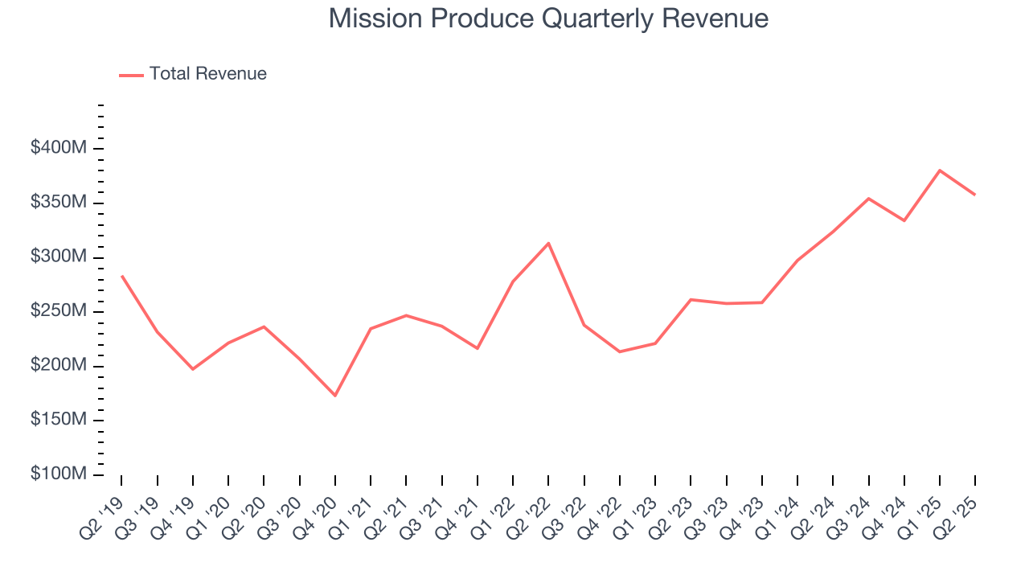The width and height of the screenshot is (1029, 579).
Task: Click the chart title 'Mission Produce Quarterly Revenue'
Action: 548,18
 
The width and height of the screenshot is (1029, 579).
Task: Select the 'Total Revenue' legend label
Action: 207,74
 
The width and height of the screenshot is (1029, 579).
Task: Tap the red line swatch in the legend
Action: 131,75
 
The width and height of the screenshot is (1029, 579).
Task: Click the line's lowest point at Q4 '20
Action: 335,396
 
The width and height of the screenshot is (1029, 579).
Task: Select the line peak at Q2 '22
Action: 548,243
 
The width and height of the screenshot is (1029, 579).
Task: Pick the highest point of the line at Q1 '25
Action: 940,170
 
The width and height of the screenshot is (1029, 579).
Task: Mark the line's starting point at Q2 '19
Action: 121,276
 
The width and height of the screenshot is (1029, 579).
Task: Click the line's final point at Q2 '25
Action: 975,195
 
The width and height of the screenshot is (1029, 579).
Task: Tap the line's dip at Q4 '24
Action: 904,220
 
